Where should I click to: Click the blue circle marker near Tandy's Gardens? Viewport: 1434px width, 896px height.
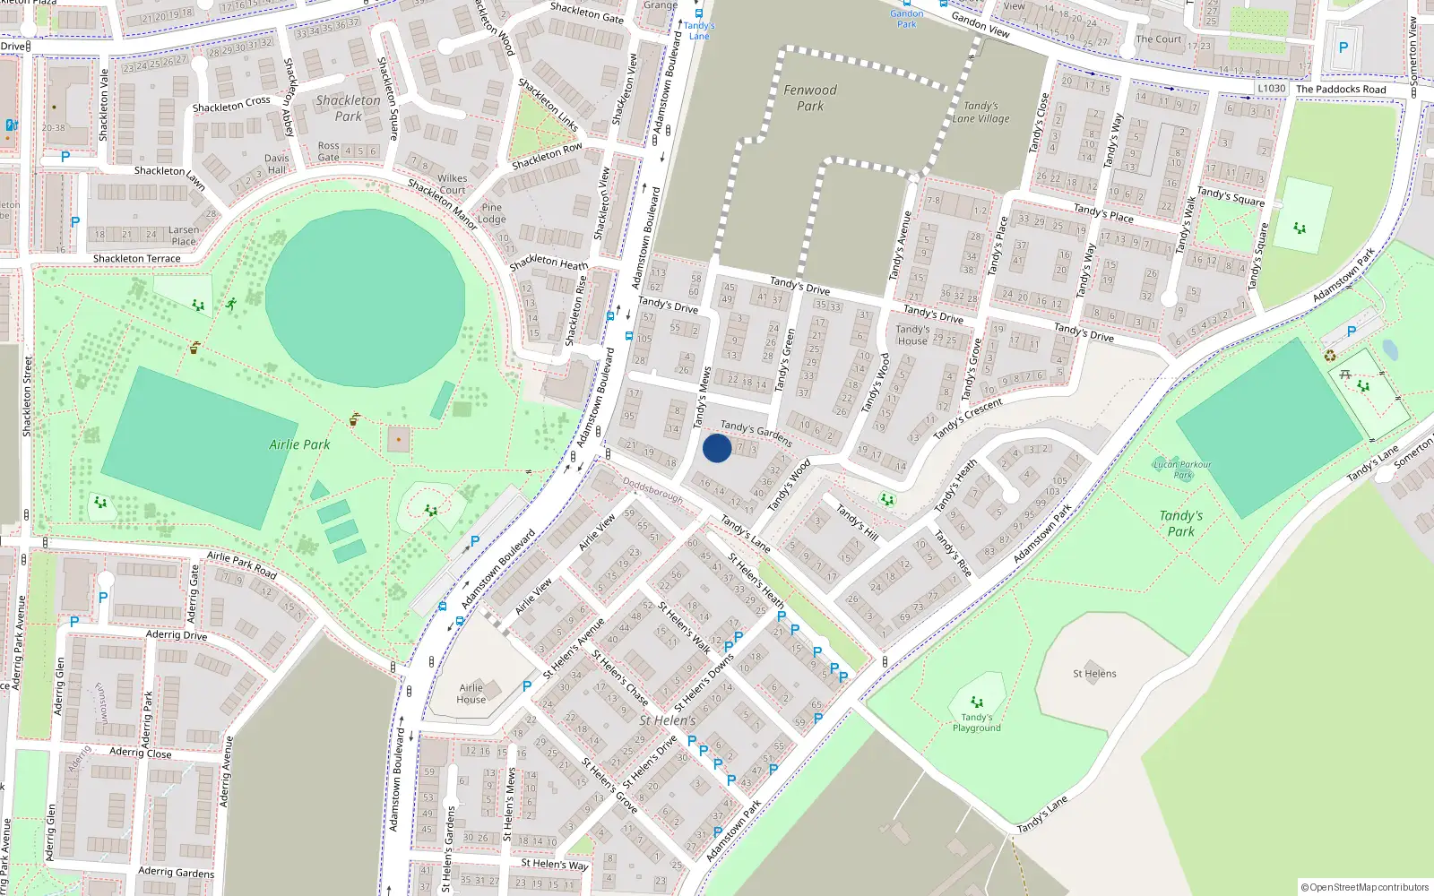717,448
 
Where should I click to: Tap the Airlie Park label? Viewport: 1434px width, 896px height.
299,444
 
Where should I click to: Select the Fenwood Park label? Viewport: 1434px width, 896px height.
810,98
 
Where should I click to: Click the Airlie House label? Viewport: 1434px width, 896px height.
471,694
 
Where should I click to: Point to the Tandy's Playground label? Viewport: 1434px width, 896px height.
977,722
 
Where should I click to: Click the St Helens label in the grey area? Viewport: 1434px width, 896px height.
1094,674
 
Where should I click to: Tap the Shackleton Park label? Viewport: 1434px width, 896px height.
348,108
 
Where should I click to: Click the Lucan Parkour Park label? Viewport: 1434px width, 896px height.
1182,470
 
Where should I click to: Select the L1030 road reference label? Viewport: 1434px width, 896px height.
1271,88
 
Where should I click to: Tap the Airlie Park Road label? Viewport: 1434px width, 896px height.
242,564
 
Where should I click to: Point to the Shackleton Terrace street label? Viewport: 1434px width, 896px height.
137,259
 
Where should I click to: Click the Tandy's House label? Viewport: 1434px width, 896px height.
912,335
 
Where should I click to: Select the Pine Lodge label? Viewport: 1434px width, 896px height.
492,213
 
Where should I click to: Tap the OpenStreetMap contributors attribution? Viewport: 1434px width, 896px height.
1365,887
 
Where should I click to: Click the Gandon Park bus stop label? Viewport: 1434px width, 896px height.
907,19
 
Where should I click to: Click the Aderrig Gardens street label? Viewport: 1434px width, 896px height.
177,872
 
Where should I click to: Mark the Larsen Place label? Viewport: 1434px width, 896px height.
184,236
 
